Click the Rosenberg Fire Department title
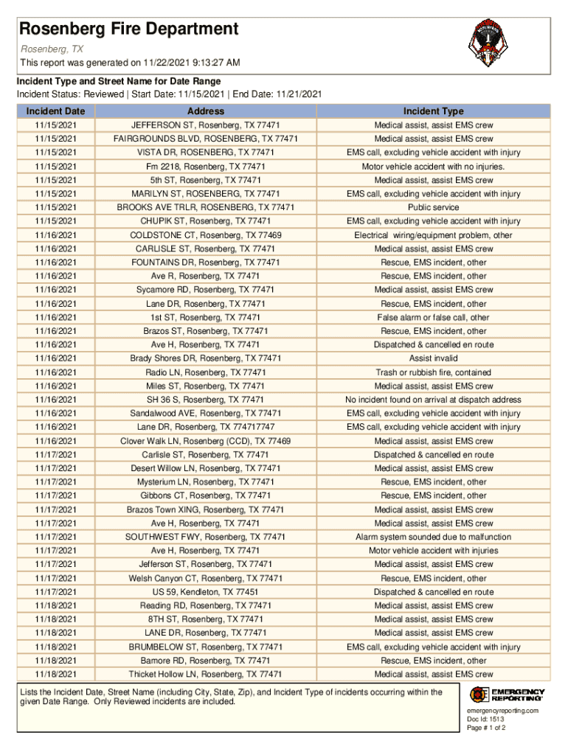[129, 29]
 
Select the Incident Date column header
[55, 111]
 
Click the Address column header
[206, 111]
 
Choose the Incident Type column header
[433, 111]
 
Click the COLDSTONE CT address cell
[206, 235]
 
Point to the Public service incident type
[433, 208]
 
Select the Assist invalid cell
[433, 358]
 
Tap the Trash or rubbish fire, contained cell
[433, 372]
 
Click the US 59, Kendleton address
[206, 592]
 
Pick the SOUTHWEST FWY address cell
[206, 537]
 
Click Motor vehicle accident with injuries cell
[433, 551]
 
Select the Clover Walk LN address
[206, 441]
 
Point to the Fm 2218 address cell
[206, 167]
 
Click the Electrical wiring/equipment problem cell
[433, 235]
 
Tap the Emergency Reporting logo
[507, 695]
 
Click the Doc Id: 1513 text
[485, 719]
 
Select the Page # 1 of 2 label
[486, 728]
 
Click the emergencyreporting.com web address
[502, 710]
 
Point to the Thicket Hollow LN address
[206, 674]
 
